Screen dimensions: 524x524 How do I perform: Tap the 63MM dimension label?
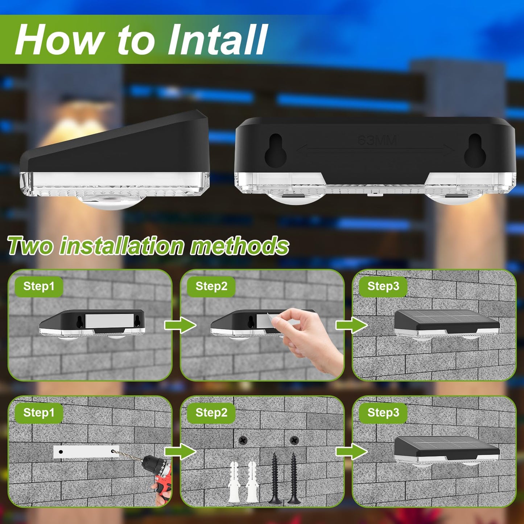[377, 140]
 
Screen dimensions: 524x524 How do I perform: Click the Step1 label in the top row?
[39, 286]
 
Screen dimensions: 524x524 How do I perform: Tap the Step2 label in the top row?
[211, 286]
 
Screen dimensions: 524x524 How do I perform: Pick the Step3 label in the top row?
[383, 286]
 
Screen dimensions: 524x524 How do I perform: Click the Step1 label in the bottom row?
[39, 413]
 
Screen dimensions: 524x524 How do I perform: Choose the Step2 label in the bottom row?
[211, 413]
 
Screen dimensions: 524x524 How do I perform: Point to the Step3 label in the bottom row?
[383, 413]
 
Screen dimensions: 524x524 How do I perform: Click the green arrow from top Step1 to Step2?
[180, 325]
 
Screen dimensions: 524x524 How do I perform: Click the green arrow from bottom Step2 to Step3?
[351, 451]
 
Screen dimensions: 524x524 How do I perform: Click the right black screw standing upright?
[293, 479]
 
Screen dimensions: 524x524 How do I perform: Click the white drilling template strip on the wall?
[86, 452]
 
